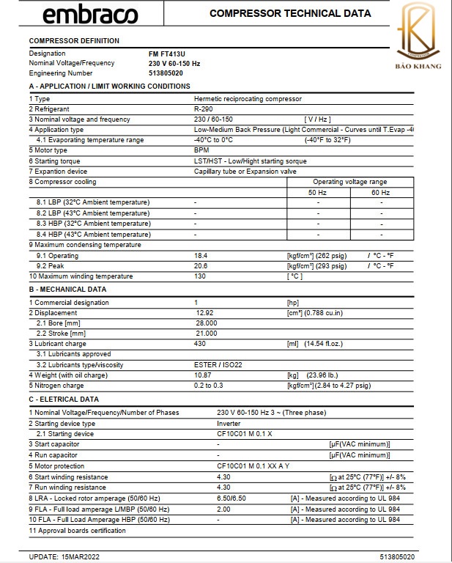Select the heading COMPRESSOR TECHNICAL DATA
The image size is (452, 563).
click(x=290, y=13)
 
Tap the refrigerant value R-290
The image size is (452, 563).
click(x=204, y=108)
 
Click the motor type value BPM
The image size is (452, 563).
click(x=201, y=150)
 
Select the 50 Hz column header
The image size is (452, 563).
click(x=317, y=192)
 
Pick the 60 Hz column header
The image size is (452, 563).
click(x=381, y=192)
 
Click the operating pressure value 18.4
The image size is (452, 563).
click(x=201, y=256)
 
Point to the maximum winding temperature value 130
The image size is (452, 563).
click(x=200, y=276)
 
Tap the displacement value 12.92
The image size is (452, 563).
click(x=206, y=313)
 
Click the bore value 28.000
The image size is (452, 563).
click(x=206, y=323)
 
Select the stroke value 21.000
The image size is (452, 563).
click(x=206, y=334)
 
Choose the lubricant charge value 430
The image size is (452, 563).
click(x=200, y=344)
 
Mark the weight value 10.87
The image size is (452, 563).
click(x=204, y=375)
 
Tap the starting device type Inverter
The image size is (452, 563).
click(x=229, y=423)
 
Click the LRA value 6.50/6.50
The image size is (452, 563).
click(x=231, y=498)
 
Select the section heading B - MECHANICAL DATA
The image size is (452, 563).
click(x=67, y=289)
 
